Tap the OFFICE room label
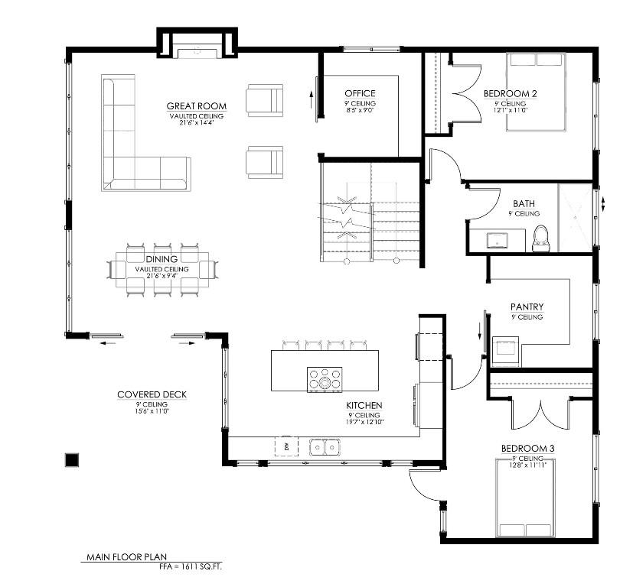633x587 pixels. [x=360, y=94]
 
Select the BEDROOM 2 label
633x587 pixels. [x=510, y=94]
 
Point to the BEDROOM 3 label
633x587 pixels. [x=527, y=448]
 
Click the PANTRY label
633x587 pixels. [x=527, y=307]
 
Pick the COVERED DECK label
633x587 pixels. [x=152, y=394]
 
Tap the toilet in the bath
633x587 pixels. [x=541, y=238]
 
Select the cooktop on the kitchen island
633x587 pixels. [x=325, y=378]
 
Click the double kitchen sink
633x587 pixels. [x=325, y=446]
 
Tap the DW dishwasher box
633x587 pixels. [x=286, y=446]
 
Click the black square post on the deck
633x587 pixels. [x=72, y=459]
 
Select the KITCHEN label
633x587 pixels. [x=364, y=405]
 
